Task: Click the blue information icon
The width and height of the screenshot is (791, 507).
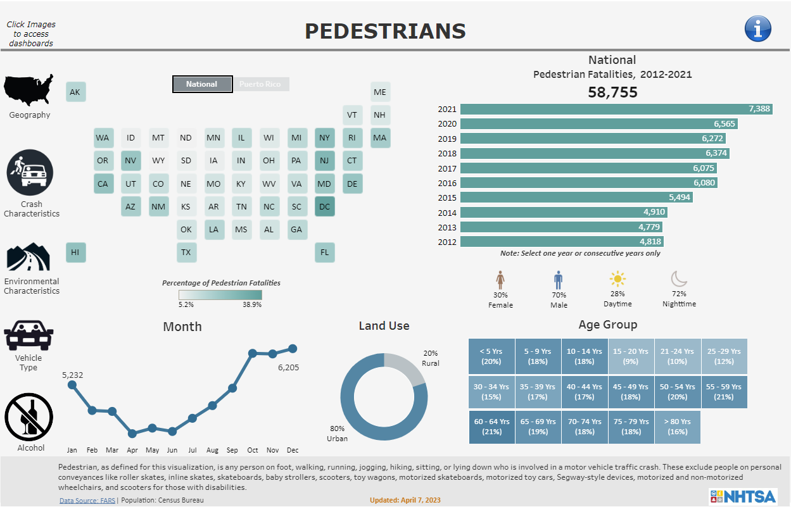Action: tap(758, 28)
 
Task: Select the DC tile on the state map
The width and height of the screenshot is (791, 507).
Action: tap(325, 206)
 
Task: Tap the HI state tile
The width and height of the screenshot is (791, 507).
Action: tap(75, 252)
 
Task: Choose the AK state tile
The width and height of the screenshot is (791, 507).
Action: tap(75, 92)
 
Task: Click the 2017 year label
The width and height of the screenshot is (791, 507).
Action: tap(446, 168)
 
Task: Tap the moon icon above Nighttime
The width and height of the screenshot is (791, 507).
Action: tap(680, 279)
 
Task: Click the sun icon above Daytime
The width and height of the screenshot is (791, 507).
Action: tap(617, 279)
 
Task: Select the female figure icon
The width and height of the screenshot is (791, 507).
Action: tap(500, 280)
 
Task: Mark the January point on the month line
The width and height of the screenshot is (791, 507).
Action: tap(72, 384)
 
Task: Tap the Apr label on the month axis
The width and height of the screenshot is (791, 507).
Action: tap(132, 450)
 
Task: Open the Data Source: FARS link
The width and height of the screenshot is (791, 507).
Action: tap(87, 500)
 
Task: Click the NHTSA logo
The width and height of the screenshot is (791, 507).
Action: tap(742, 495)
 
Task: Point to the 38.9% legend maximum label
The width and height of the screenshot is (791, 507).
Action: tap(251, 304)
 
